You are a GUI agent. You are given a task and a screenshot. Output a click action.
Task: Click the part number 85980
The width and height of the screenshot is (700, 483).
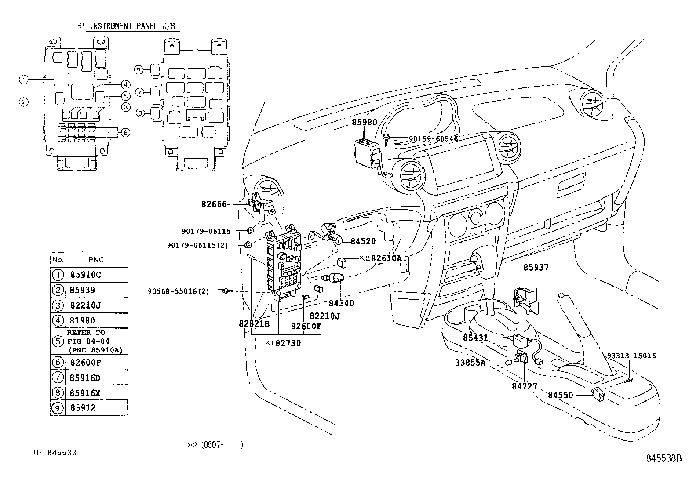(365, 122)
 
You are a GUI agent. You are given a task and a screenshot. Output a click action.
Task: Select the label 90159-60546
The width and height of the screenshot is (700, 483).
(434, 139)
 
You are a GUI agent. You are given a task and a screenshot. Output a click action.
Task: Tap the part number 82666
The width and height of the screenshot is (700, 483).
(214, 204)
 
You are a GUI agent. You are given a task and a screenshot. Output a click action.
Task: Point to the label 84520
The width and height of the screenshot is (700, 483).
(363, 242)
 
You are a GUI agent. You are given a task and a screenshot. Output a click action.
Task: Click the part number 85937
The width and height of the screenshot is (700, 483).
(536, 268)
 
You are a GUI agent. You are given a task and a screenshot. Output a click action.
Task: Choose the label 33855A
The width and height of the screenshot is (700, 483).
(470, 363)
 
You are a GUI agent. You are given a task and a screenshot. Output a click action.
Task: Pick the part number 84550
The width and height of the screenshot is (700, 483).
(561, 395)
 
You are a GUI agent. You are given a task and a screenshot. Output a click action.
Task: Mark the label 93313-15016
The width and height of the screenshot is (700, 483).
(631, 356)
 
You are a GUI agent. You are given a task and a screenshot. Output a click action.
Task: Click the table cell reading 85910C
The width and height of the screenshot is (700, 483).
(86, 275)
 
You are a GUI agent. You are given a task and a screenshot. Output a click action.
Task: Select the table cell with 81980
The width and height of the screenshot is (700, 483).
(83, 320)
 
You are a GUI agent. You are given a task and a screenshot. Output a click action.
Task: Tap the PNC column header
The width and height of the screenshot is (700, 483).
(96, 260)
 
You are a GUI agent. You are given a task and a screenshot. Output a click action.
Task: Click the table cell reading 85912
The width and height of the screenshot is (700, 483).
(83, 408)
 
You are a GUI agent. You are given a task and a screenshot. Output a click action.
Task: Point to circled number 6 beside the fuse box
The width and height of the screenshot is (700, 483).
(125, 132)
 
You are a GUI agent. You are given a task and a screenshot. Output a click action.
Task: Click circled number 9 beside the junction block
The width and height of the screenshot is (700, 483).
(139, 70)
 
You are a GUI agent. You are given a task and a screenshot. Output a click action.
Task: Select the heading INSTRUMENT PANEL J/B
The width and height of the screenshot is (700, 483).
(132, 26)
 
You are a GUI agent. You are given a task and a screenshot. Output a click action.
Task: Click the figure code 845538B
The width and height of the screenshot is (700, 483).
(664, 458)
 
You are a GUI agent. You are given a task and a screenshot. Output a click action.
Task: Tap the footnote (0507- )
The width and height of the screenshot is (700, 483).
(215, 445)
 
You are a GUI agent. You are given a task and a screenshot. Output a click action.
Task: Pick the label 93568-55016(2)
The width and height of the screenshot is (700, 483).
(178, 291)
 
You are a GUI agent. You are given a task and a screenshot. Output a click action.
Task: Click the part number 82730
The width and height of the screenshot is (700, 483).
(288, 343)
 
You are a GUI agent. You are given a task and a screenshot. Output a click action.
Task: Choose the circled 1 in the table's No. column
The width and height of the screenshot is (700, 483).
(58, 275)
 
